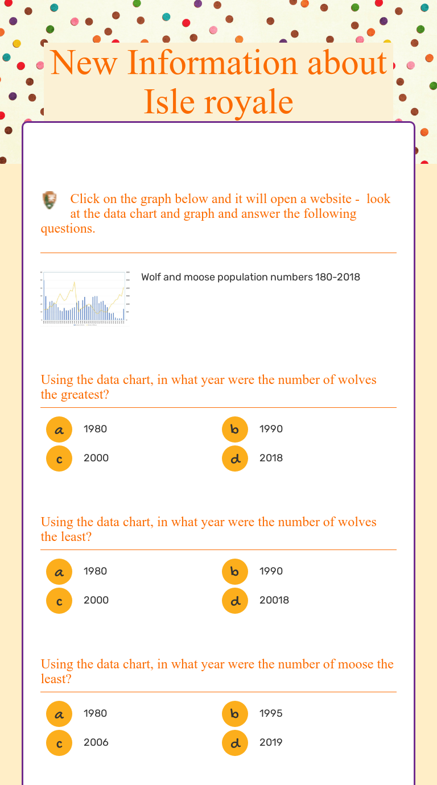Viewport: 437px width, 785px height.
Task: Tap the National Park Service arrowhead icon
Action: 50,200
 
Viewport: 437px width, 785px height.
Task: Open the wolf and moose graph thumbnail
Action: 85,298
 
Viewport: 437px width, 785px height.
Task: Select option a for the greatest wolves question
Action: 59,429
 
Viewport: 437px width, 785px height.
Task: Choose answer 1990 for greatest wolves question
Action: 271,429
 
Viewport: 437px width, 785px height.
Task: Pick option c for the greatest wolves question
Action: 59,458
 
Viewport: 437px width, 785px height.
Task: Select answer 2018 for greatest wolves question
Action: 271,458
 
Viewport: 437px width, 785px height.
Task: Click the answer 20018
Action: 274,600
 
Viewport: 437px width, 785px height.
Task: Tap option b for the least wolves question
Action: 235,571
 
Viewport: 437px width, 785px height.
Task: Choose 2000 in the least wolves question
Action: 96,600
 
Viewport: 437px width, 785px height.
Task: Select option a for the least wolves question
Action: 59,571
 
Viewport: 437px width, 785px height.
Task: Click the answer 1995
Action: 271,713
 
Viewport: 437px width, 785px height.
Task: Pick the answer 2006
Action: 96,742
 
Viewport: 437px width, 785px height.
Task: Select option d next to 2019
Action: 235,742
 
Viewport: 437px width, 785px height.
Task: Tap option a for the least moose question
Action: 59,713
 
